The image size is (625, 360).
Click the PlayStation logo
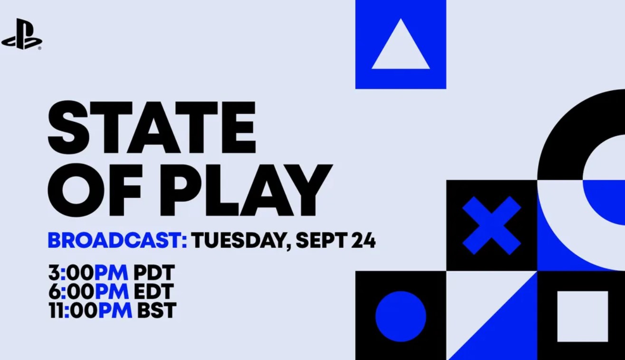22,34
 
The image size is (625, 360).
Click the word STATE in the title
152,127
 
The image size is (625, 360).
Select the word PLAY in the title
246,190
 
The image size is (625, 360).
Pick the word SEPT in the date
320,240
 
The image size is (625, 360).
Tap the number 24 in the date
363,240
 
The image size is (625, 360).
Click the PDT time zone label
154,272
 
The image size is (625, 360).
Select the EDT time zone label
154,292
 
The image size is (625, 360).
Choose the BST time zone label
156,310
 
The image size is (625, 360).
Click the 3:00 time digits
71,272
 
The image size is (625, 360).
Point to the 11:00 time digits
73,310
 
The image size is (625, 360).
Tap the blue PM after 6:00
112,292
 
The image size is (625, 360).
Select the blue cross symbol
491,225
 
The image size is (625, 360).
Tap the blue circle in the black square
401,316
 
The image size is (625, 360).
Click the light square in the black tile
583,316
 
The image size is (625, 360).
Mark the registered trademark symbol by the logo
39,48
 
